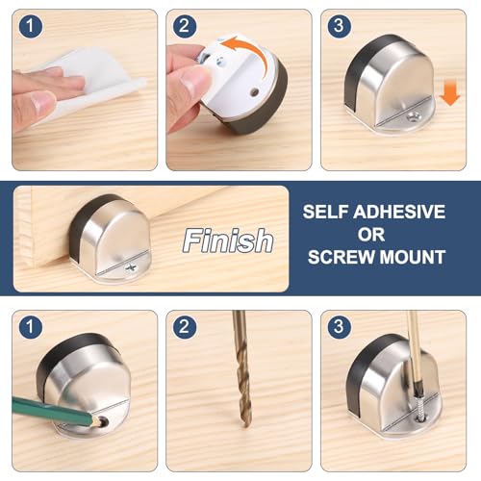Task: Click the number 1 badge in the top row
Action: tap(31, 26)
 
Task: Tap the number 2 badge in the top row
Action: tap(185, 26)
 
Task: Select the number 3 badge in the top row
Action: tap(340, 26)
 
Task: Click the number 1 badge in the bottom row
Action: tap(31, 327)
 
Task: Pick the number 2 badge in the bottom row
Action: tap(185, 327)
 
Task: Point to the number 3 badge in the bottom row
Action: tap(340, 327)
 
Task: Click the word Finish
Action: tap(228, 240)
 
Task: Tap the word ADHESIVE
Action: tap(399, 212)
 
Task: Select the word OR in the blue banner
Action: tap(371, 235)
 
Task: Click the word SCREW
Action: tap(342, 257)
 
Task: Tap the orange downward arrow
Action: tap(450, 93)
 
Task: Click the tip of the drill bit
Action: tap(245, 426)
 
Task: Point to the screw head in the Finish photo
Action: tap(131, 267)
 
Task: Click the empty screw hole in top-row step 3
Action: tap(413, 116)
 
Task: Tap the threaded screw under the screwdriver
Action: tap(419, 407)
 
